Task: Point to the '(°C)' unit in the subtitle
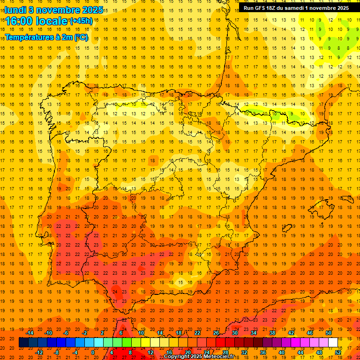pyautogui.click(x=81, y=37)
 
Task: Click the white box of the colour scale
pyautogui.click(x=333, y=343)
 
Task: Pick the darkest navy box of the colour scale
pyautogui.click(x=23, y=343)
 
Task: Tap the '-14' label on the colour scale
pyautogui.click(x=30, y=333)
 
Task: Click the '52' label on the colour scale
pyautogui.click(x=338, y=352)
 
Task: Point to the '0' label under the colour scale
pyautogui.click(x=93, y=352)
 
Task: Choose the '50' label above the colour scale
pyautogui.click(x=329, y=333)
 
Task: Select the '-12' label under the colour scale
pyautogui.click(x=39, y=352)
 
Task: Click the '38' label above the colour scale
pyautogui.click(x=272, y=333)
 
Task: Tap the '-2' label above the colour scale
pyautogui.click(x=84, y=333)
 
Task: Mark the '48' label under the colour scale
pyautogui.click(x=319, y=352)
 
